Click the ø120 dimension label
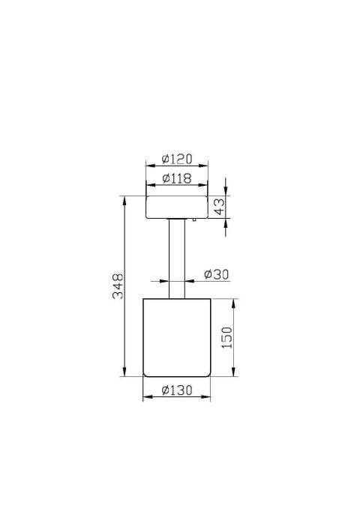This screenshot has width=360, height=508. (177, 159)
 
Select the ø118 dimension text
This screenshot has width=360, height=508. (177, 178)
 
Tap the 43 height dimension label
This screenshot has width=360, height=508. (220, 207)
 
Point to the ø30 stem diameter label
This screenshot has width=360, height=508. (216, 274)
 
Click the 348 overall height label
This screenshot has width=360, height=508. (118, 286)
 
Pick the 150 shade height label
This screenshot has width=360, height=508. (227, 338)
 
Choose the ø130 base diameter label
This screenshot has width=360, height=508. (177, 390)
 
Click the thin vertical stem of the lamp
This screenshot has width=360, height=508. (177, 258)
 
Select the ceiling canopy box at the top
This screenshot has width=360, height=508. (177, 207)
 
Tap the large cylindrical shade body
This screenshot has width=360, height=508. (177, 338)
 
